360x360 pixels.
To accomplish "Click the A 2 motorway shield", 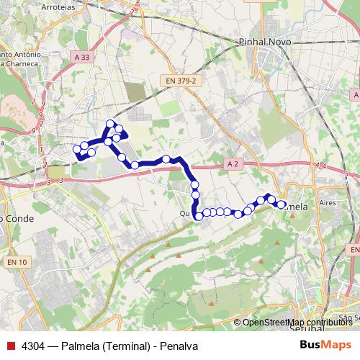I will (232, 164).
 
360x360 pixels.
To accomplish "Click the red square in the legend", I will (10, 346).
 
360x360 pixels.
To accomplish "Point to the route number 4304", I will (33, 346).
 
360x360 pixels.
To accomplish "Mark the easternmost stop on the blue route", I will (282, 204).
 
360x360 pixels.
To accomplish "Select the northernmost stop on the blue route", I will (110, 123).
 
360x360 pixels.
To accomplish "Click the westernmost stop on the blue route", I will (77, 150).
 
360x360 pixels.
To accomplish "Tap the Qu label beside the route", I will (184, 213).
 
